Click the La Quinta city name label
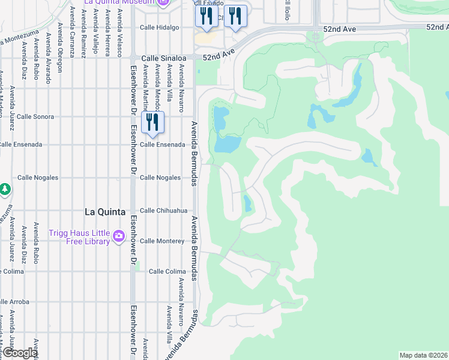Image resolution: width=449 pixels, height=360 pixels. point(105,212)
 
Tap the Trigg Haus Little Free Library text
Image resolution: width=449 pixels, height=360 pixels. point(79,238)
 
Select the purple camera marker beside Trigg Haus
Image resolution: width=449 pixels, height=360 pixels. point(119,235)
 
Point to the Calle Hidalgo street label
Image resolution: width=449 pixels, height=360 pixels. point(159,28)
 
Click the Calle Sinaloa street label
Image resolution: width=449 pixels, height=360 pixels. point(161,58)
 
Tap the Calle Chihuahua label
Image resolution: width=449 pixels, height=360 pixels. point(163,211)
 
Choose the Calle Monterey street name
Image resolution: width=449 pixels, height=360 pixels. point(162,241)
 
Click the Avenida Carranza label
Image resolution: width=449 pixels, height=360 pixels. point(71,32)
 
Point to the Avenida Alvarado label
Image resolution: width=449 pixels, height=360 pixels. point(48,60)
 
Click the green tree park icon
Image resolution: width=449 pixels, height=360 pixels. point(5,189)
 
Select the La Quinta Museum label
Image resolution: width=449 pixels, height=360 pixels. point(125,2)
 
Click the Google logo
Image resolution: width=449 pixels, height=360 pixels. point(20,353)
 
